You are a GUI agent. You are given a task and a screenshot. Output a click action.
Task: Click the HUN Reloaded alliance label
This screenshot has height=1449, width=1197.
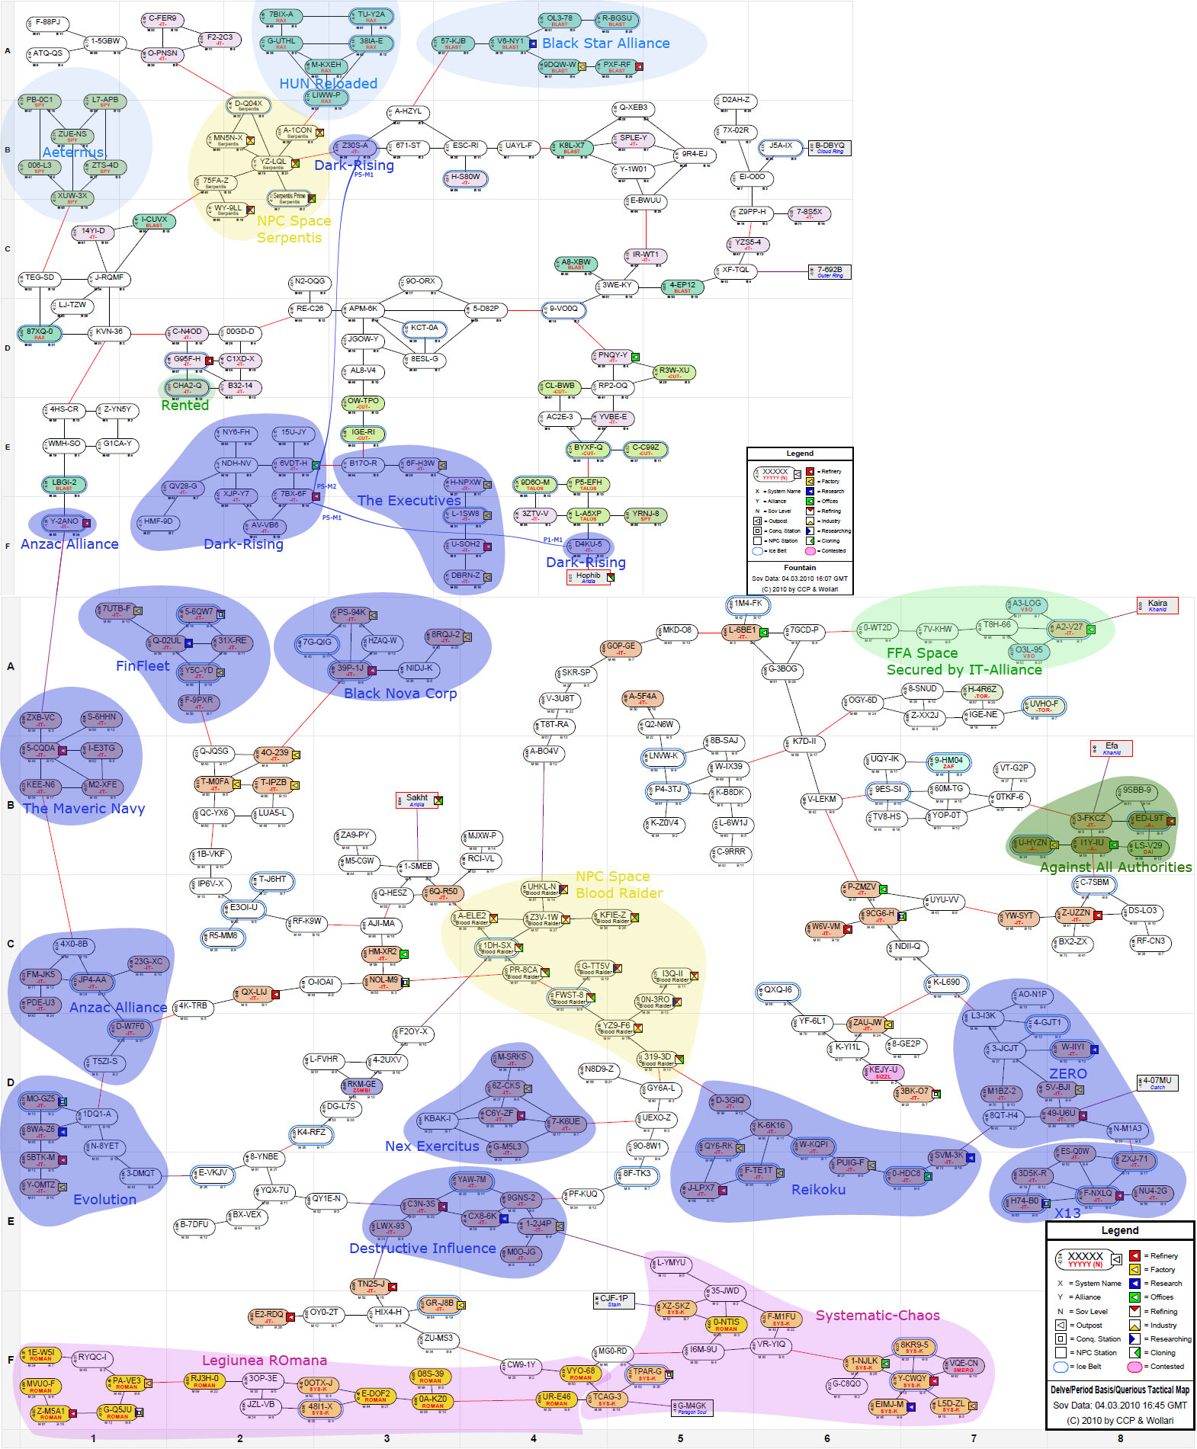click(328, 84)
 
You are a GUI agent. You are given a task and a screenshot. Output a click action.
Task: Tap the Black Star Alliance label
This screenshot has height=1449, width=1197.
click(605, 43)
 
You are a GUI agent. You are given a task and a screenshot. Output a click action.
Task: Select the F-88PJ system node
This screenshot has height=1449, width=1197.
click(48, 23)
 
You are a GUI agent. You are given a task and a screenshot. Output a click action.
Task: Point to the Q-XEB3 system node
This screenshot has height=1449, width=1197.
click(633, 108)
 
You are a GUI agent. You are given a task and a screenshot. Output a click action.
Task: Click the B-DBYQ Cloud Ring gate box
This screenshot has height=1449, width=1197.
click(830, 147)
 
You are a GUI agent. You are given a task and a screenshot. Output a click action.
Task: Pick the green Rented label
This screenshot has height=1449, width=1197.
click(185, 406)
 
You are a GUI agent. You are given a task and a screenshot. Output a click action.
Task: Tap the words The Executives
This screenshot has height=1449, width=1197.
click(409, 501)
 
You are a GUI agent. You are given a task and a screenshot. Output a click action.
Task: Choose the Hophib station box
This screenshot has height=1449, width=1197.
click(589, 577)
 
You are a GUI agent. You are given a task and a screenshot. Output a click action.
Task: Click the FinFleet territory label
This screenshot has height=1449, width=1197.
click(143, 666)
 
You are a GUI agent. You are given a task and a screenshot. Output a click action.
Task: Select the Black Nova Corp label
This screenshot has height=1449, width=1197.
click(400, 694)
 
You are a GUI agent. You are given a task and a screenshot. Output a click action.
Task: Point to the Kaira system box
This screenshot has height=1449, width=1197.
click(1157, 605)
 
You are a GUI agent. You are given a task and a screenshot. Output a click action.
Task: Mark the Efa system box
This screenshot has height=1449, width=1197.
click(1112, 749)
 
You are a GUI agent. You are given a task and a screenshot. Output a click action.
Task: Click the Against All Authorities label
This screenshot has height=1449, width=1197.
click(1115, 867)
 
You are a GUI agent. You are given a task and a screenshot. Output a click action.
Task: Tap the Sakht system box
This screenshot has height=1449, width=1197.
click(417, 800)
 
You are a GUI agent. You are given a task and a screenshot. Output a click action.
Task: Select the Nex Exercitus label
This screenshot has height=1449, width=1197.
click(432, 1146)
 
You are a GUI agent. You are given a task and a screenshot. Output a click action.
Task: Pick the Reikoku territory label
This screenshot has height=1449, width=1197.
click(818, 1190)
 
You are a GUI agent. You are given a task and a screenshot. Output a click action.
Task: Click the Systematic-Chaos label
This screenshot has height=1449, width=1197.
click(877, 1316)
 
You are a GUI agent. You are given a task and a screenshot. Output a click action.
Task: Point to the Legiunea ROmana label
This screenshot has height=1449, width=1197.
click(264, 1361)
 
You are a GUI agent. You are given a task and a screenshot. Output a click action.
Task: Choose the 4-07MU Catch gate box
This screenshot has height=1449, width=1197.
click(1157, 1082)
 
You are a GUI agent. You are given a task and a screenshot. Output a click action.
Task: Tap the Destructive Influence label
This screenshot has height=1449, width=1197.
click(422, 1249)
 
